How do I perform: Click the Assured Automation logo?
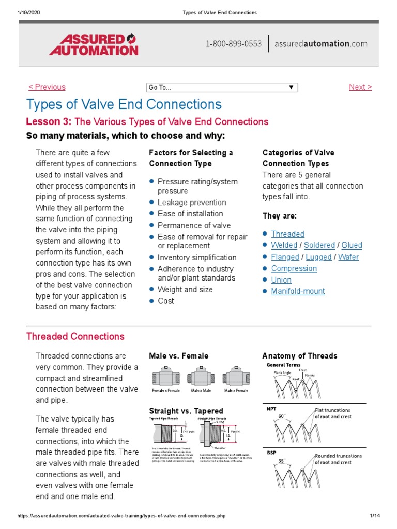(94, 44)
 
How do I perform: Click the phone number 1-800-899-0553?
(234, 44)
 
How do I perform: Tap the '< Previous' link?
(47, 87)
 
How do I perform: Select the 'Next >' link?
(360, 87)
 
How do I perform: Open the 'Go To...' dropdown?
(222, 87)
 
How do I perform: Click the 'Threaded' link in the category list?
(287, 234)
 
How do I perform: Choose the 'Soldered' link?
(319, 245)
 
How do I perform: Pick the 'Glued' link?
(352, 245)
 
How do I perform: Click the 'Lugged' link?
(318, 257)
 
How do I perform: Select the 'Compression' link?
(294, 268)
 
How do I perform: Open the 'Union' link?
(281, 280)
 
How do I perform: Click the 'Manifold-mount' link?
(298, 291)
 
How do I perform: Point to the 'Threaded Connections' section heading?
(75, 336)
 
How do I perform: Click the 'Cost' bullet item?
(165, 301)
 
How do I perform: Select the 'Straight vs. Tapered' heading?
(186, 411)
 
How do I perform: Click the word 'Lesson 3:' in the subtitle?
(49, 121)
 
